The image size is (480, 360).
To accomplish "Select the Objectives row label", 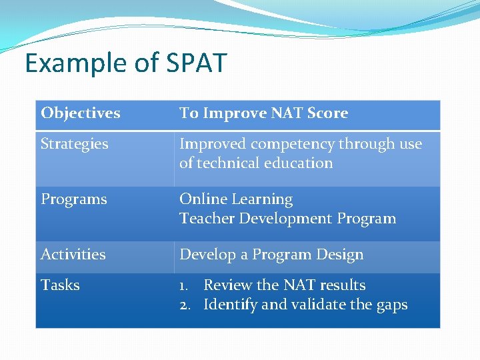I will click(81, 113).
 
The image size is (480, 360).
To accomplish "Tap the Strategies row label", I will click(74, 144).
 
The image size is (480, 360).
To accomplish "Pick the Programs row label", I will click(73, 199).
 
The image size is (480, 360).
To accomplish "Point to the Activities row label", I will click(73, 255).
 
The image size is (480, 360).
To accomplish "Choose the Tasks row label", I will click(60, 285).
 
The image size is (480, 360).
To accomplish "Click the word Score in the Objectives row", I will click(327, 113).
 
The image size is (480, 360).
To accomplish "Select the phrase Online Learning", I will click(236, 199).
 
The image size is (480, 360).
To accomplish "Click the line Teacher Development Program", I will click(287, 219).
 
